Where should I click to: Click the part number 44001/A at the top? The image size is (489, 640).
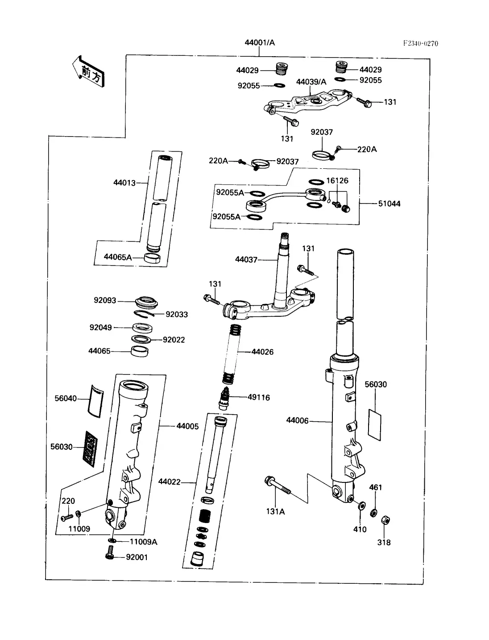pyautogui.click(x=260, y=43)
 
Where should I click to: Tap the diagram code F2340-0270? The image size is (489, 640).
pyautogui.click(x=421, y=43)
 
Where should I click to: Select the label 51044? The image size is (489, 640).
pyautogui.click(x=390, y=204)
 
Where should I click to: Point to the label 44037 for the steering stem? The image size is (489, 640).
pyautogui.click(x=246, y=259)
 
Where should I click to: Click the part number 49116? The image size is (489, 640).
pyautogui.click(x=259, y=397)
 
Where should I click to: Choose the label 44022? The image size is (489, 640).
pyautogui.click(x=170, y=482)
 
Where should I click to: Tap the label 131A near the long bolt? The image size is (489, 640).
pyautogui.click(x=275, y=511)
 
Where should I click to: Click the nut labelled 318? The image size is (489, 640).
pyautogui.click(x=384, y=520)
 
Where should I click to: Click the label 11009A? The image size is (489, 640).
pyautogui.click(x=143, y=542)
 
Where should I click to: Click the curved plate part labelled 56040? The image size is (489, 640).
pyautogui.click(x=96, y=399)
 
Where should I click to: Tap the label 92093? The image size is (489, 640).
pyautogui.click(x=105, y=300)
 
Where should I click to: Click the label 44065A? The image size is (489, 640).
pyautogui.click(x=118, y=257)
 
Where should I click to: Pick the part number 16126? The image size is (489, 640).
pyautogui.click(x=337, y=181)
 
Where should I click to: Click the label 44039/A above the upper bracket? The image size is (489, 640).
pyautogui.click(x=311, y=82)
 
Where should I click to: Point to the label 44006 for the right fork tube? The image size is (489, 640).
pyautogui.click(x=298, y=420)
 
